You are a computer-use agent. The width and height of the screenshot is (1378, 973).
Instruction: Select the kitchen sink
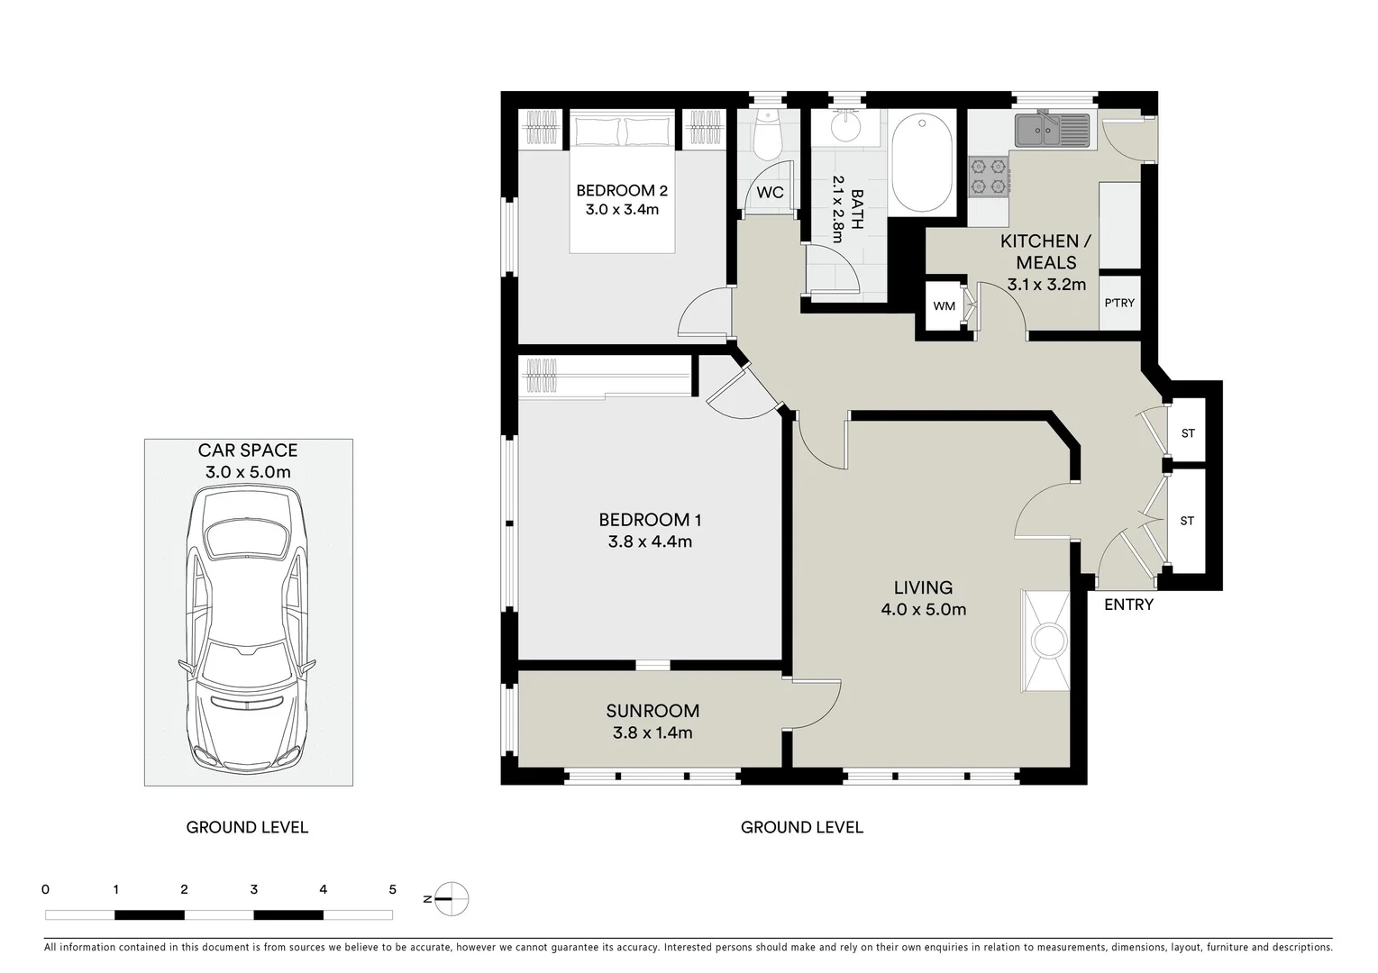click(1051, 130)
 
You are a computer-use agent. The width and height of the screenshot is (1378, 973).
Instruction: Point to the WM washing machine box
click(944, 306)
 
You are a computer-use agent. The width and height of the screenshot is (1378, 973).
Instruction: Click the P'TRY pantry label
click(1119, 303)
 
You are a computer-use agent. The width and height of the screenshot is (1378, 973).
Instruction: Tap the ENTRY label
click(1128, 605)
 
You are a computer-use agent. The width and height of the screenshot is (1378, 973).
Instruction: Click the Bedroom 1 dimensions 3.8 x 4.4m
click(649, 541)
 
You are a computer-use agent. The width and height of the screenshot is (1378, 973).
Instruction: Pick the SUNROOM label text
click(652, 711)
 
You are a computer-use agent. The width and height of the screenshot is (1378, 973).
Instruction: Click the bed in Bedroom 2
click(622, 180)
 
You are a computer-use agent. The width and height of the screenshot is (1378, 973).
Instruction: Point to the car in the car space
click(248, 628)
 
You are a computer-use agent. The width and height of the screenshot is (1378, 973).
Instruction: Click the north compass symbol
click(452, 897)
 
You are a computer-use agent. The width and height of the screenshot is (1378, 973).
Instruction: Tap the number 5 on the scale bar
click(392, 889)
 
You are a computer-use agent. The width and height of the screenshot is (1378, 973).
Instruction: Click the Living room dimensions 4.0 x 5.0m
click(923, 610)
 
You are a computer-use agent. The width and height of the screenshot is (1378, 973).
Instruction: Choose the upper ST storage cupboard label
click(1188, 433)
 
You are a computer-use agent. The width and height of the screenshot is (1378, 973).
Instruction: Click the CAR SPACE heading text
click(248, 450)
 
